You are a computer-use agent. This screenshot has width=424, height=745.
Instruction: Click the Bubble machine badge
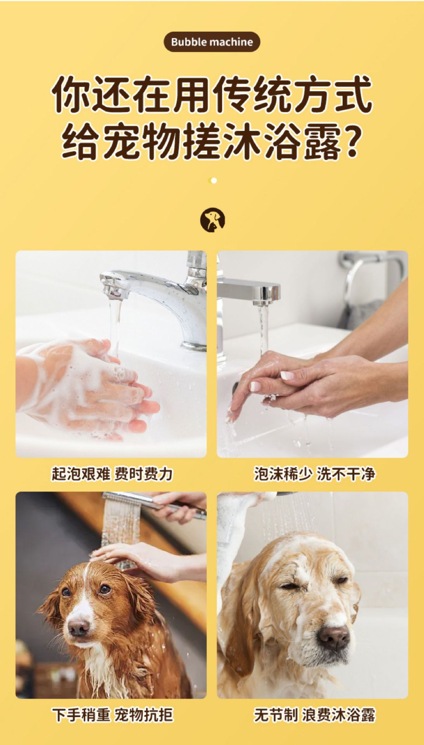(212, 42)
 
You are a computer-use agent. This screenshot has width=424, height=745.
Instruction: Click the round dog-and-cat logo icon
(212, 220)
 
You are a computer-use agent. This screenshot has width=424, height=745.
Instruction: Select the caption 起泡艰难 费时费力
(112, 474)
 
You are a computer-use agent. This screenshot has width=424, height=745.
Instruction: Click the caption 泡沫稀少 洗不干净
(315, 474)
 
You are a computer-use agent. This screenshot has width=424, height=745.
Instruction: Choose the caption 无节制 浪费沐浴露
(315, 715)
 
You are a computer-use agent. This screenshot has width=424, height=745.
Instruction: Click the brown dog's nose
(79, 626)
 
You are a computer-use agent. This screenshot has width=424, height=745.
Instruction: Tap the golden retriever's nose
(333, 636)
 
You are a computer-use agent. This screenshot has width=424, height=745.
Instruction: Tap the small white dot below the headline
(214, 180)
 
